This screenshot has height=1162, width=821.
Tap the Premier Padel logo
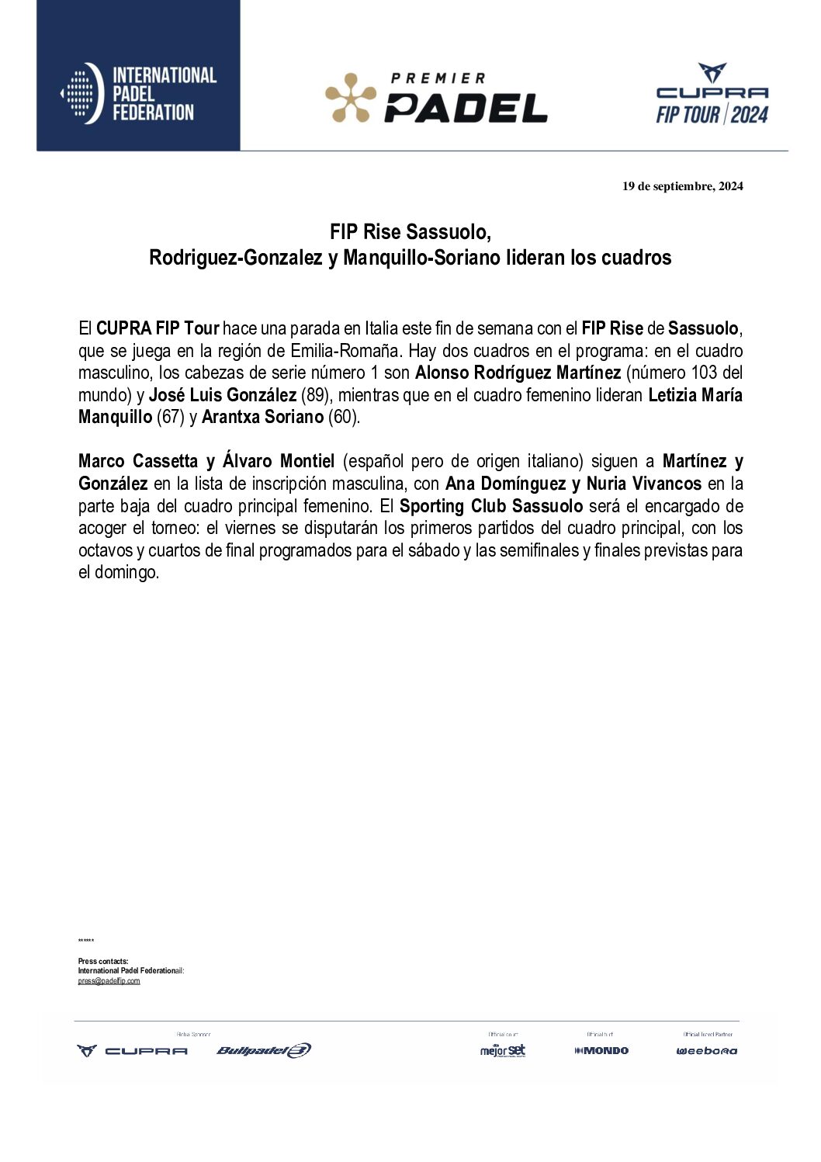436,99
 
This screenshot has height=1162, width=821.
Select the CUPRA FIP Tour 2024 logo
712,95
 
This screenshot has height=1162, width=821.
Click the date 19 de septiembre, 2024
682,186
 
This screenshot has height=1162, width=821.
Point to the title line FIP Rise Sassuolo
410,232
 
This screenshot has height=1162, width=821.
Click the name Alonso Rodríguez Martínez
518,373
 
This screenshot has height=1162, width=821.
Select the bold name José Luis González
223,395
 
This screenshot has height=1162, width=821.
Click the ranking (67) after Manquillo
171,417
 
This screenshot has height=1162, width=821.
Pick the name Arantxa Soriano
262,417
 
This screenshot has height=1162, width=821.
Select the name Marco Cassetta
138,462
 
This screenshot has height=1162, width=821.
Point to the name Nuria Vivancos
643,484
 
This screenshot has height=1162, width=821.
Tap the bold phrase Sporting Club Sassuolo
490,506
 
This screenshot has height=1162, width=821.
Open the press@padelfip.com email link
109,981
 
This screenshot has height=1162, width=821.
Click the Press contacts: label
103,961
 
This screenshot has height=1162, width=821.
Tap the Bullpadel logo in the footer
264,1051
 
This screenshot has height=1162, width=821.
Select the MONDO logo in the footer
601,1051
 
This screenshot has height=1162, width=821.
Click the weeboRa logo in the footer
706,1051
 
